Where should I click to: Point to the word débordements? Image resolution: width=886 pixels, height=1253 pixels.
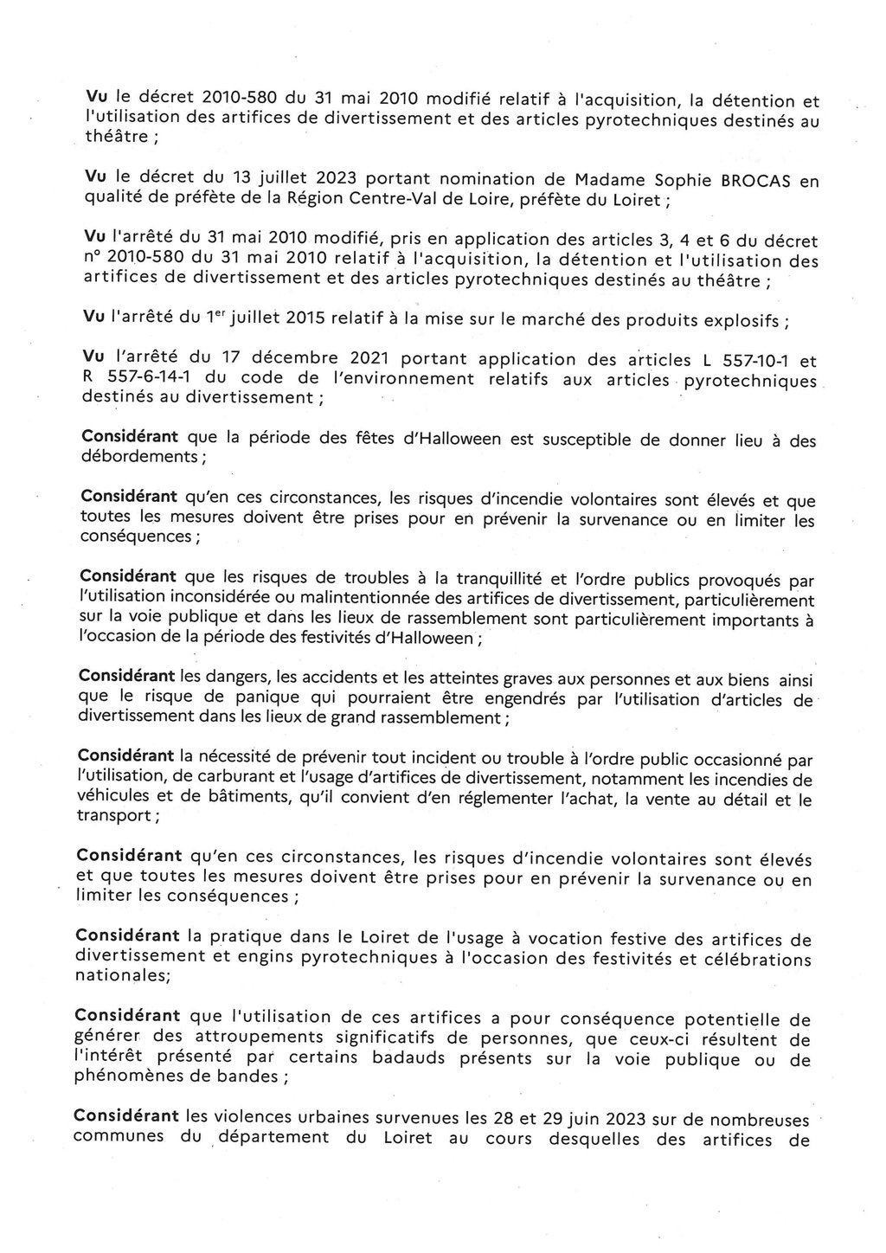click(x=138, y=456)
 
